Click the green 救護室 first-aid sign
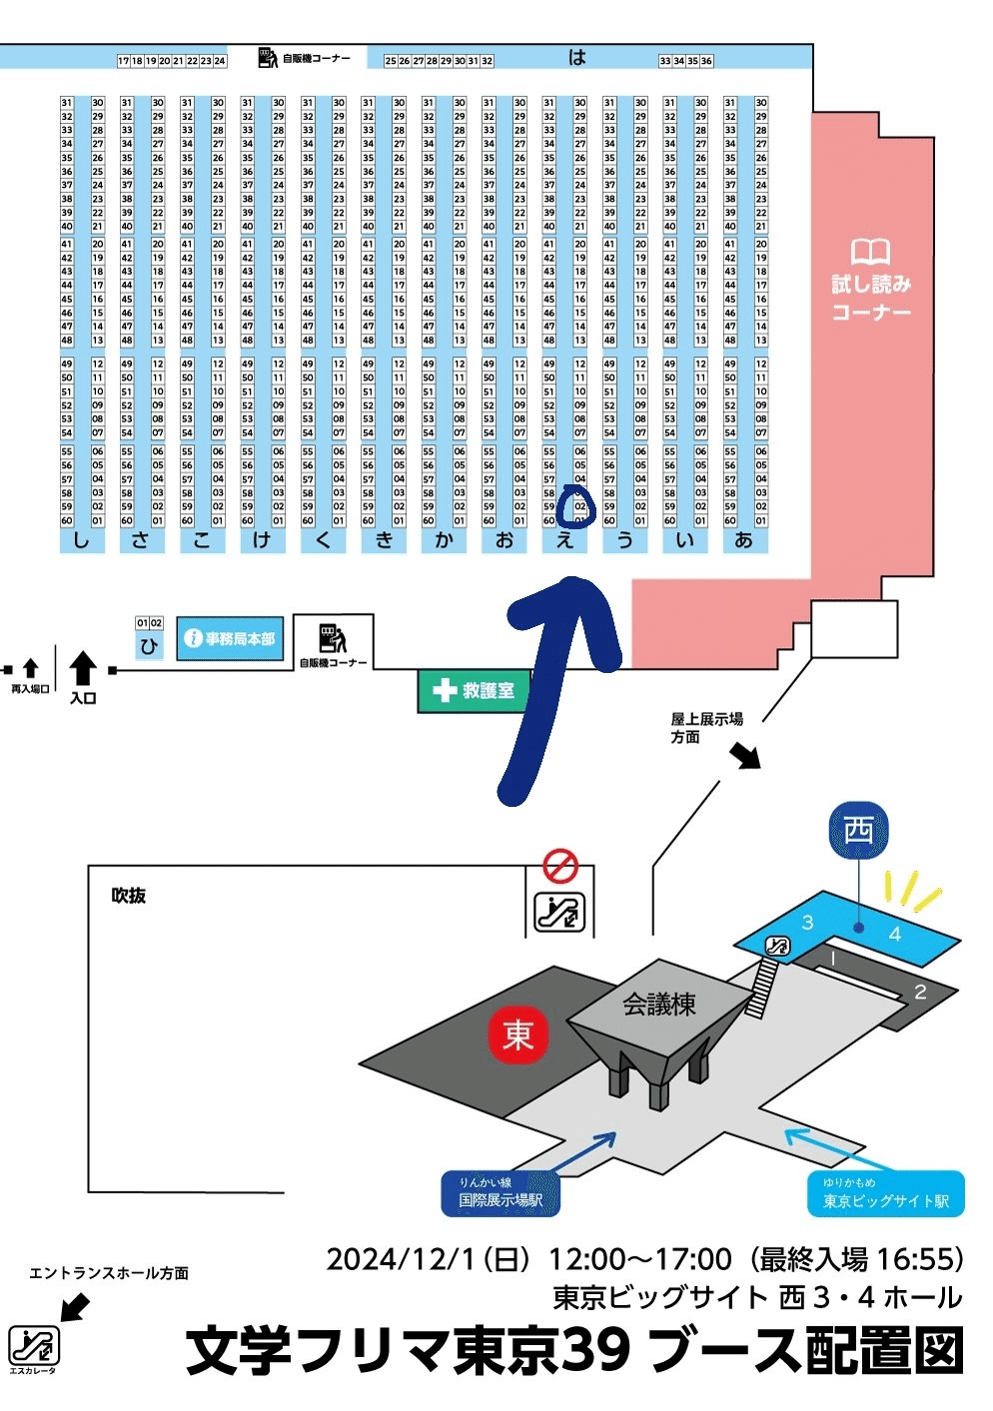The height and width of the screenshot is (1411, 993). pos(474,690)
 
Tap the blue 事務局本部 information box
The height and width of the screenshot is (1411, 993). pos(230,638)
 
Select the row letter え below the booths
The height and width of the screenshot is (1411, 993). pos(565,540)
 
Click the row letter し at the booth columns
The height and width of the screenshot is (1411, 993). pos(81,540)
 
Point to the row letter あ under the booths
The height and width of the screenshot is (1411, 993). pos(743,540)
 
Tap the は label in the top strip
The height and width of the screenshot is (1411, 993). pos(576,58)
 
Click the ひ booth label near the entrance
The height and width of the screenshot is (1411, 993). pos(149,646)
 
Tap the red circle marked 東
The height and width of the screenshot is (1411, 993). pos(517,1035)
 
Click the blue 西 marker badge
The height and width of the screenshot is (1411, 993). pos(858,830)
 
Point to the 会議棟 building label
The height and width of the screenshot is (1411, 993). pos(659,1005)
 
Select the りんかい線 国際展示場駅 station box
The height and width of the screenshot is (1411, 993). pos(500,1193)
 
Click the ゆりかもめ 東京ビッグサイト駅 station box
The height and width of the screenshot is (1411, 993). pos(885,1193)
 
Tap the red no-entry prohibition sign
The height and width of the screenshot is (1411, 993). pos(560,865)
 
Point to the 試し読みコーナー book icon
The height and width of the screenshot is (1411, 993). pos(870,251)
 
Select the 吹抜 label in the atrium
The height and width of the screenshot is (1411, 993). pos(129,896)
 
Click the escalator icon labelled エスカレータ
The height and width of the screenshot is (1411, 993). pos(34,1345)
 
